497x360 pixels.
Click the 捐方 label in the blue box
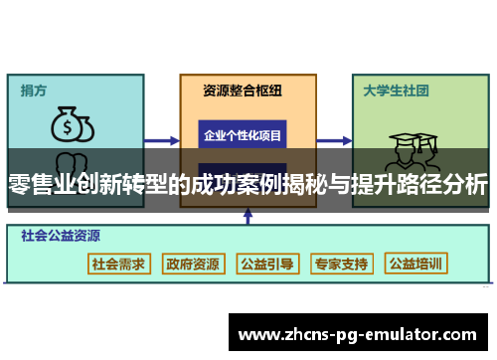coord(34,90)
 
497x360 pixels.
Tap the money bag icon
coord(72,125)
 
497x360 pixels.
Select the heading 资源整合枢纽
coord(243,90)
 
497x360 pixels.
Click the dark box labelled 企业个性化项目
coord(243,134)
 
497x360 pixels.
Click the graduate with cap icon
coord(409,149)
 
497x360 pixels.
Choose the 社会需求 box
coord(118,265)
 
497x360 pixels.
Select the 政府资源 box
coord(193,265)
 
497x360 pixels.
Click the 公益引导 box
coord(266,265)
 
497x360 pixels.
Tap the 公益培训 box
coord(416,265)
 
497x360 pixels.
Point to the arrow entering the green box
coord(335,135)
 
